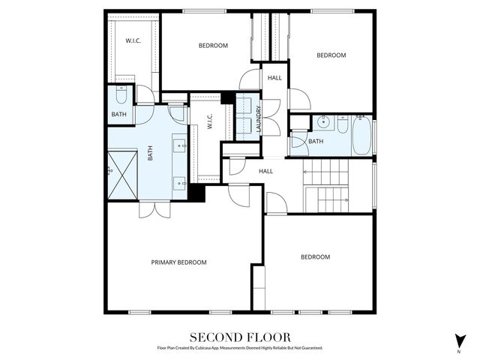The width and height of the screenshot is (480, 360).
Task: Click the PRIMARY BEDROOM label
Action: [x=178, y=262]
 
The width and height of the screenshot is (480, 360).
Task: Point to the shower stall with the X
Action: [x=122, y=175]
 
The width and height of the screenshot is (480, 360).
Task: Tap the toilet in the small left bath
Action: [x=121, y=96]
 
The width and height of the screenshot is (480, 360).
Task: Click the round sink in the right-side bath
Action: [x=322, y=124]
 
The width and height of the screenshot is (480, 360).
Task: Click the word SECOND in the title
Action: [x=214, y=337]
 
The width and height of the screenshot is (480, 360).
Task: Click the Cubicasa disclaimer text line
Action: [x=239, y=348]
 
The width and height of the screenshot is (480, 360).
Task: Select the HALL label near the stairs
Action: [x=265, y=171]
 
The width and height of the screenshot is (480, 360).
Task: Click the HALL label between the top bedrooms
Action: [x=274, y=77]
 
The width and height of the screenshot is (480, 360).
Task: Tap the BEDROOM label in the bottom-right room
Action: [x=315, y=257]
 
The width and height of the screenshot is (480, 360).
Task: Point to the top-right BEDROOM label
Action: [x=331, y=55]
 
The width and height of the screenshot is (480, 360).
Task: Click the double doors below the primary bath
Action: [x=154, y=209]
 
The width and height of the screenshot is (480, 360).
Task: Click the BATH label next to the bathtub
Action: [x=316, y=141]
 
